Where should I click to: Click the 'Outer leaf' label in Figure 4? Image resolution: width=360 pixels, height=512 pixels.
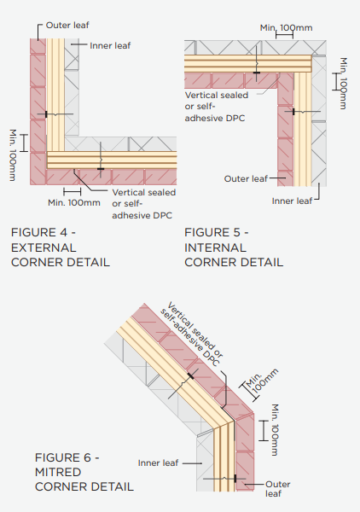[x=67, y=25]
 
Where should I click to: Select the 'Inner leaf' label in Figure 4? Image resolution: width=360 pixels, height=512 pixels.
[x=110, y=46]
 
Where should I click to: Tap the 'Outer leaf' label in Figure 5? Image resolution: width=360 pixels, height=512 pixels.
[x=246, y=178]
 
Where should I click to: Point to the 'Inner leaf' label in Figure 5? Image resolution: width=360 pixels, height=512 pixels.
[x=292, y=201]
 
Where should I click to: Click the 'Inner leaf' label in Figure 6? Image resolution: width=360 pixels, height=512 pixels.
[x=158, y=463]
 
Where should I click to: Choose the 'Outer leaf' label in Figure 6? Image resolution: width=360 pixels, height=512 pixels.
[x=278, y=488]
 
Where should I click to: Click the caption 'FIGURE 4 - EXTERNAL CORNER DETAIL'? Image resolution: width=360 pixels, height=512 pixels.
[x=61, y=247]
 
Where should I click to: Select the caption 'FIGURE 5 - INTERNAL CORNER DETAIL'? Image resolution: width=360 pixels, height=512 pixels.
[x=234, y=247]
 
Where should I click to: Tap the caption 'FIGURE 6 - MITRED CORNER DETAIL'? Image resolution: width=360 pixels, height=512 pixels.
[x=84, y=472]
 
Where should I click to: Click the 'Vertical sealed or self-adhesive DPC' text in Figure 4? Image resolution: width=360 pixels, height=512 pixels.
[x=144, y=204]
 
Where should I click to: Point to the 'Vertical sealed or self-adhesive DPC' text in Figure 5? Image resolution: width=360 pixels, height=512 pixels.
[x=217, y=107]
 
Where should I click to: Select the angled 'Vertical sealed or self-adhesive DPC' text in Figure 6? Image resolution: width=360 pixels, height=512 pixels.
[x=192, y=334]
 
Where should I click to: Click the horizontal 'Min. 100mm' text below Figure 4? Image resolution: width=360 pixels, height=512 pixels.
[x=74, y=202]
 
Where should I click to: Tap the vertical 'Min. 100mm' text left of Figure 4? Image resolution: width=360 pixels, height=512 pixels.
[x=13, y=155]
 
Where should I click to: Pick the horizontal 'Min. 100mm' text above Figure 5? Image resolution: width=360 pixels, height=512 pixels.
[x=287, y=28]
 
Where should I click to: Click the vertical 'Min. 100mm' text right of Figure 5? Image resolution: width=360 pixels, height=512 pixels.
[x=344, y=84]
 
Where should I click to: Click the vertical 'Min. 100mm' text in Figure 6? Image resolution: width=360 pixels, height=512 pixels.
[x=276, y=430]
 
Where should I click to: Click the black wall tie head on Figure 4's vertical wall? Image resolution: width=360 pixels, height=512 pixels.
[x=46, y=114]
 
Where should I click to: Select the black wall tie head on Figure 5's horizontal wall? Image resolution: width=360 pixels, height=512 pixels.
[x=257, y=73]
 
